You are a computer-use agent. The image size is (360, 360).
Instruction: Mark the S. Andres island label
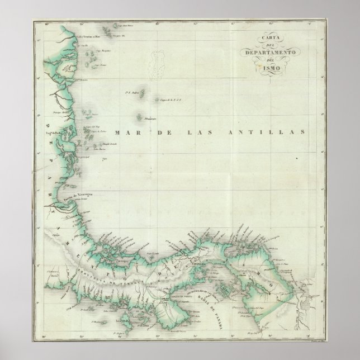tap(132, 93)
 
